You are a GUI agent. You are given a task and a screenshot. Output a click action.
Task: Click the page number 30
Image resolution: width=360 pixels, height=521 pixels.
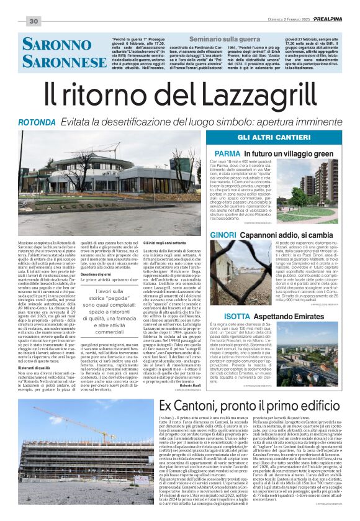point(34,22)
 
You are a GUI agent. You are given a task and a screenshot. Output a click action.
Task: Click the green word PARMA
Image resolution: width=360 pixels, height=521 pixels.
point(227,153)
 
